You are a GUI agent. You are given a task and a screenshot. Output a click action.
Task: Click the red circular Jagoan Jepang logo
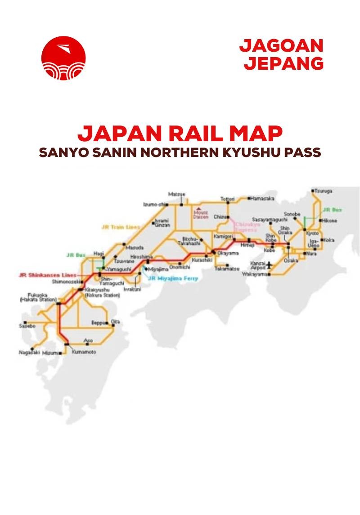63,58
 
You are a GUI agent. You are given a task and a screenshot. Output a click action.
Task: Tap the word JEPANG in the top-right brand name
284,63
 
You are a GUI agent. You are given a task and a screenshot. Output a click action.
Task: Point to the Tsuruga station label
323,191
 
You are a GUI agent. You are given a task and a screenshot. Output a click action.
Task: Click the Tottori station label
227,199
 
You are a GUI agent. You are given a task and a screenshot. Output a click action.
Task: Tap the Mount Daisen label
201,214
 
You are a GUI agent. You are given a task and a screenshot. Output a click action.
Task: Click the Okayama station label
228,253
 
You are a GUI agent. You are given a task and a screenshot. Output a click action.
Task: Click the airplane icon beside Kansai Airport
270,264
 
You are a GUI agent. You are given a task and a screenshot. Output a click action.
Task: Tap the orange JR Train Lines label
121,227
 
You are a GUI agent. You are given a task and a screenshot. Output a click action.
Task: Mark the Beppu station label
98,323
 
